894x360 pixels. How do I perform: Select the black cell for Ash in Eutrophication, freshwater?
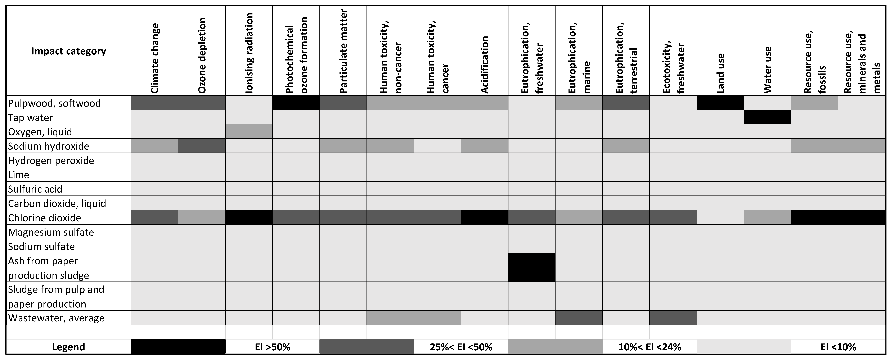click(532, 267)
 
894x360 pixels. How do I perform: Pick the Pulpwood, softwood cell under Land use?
click(720, 103)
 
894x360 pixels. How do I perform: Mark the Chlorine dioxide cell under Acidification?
click(485, 218)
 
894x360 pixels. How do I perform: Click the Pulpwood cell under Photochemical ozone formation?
click(296, 103)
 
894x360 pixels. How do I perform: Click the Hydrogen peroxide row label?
click(51, 160)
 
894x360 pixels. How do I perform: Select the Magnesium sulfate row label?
click(51, 232)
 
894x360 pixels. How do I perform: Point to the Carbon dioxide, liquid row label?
click(57, 203)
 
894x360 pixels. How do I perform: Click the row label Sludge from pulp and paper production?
click(56, 296)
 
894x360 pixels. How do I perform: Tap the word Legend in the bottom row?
click(68, 347)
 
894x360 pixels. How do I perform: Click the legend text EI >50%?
click(272, 347)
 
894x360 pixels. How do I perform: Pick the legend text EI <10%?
click(838, 347)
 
